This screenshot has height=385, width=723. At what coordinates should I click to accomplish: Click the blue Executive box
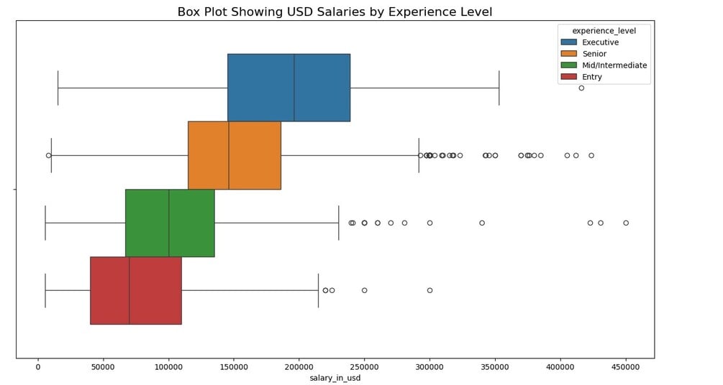click(288, 88)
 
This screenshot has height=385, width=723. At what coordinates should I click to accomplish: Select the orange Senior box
click(235, 155)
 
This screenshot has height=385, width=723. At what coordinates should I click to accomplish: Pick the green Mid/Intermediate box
click(170, 223)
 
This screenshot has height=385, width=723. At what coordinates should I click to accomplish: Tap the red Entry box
click(136, 290)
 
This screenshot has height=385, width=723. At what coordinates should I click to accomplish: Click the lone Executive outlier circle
click(581, 88)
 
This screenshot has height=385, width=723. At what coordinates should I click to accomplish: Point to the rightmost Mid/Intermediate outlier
click(626, 223)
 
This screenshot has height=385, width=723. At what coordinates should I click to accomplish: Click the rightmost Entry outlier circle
click(429, 290)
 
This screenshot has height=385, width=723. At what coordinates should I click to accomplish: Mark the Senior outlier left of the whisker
click(48, 155)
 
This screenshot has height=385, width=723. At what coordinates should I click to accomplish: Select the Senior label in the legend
click(594, 54)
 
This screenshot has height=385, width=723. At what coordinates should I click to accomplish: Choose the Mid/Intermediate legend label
click(614, 65)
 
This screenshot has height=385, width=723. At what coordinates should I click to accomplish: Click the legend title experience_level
click(604, 30)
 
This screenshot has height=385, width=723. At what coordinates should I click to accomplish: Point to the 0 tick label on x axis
click(38, 366)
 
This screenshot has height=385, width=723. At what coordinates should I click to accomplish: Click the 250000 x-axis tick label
click(364, 366)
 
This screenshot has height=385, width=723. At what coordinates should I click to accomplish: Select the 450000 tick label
click(625, 366)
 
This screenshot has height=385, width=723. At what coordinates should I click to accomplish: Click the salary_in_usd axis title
click(335, 378)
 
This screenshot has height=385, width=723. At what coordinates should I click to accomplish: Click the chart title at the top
click(335, 12)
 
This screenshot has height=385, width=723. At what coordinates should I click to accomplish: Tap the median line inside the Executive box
click(294, 88)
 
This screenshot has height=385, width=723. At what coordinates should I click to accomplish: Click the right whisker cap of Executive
click(499, 88)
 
